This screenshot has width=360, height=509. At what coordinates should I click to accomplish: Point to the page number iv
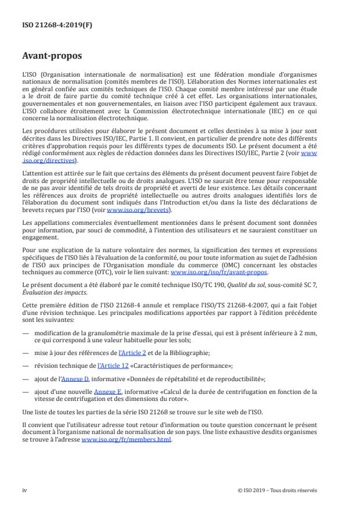(24, 490)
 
